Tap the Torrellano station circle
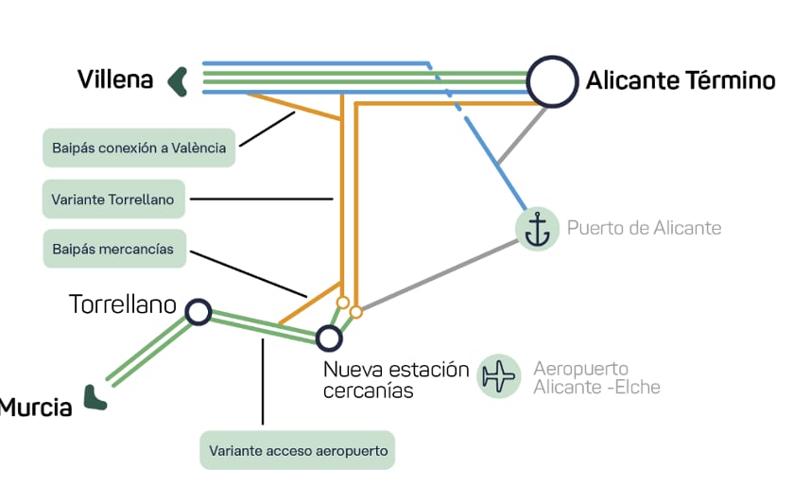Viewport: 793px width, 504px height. [198, 311]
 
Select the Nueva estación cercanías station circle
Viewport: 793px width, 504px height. [328, 338]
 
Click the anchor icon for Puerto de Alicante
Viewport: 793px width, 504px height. [538, 229]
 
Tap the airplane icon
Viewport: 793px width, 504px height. [499, 376]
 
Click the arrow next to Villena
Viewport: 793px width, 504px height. [177, 81]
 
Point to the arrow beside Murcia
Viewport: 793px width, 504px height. [94, 398]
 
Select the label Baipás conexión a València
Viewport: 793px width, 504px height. [139, 148]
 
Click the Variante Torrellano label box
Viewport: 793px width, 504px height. [114, 199]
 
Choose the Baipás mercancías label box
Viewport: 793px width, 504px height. [114, 249]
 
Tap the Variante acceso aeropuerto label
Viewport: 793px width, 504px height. [297, 450]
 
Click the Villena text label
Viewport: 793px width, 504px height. [115, 79]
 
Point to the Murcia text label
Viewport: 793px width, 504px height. [36, 408]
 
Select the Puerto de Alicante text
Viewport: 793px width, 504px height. [644, 229]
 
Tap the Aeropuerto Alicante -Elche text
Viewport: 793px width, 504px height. [595, 377]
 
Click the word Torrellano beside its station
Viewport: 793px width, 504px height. [123, 304]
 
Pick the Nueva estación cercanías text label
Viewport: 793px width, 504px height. [395, 379]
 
